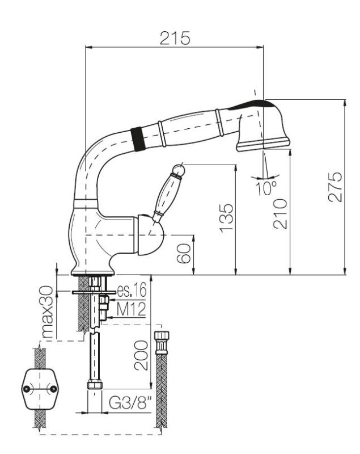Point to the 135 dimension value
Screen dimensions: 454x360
[226, 217]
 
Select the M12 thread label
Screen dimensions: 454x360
[131, 309]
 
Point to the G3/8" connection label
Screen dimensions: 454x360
[129, 405]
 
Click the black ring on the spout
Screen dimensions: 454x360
[135, 138]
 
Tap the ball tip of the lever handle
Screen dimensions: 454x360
[180, 168]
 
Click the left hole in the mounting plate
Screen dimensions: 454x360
[26, 389]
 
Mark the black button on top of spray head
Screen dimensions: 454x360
[258, 102]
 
